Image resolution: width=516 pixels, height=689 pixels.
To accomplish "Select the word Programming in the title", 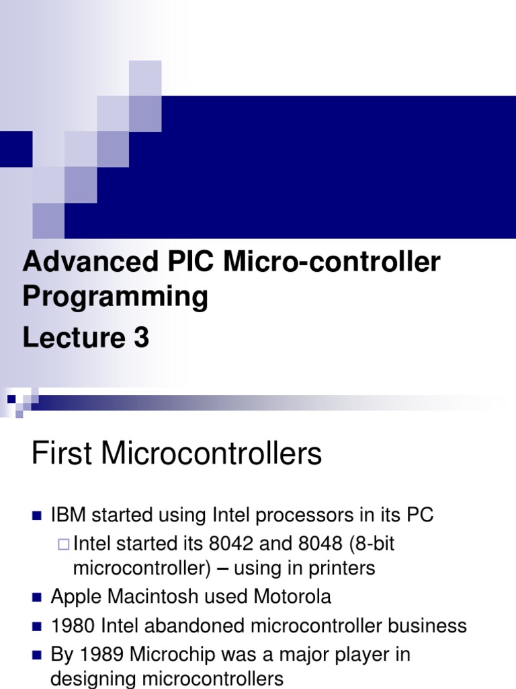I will [115, 297].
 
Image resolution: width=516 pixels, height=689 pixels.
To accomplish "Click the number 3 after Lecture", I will [140, 338].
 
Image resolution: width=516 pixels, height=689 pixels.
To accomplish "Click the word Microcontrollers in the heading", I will [212, 455].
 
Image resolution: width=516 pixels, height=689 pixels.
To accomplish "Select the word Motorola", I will [292, 597].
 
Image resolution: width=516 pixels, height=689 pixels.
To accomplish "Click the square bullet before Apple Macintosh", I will [37, 597].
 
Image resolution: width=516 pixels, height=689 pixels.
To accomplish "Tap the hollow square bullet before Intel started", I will [64, 544].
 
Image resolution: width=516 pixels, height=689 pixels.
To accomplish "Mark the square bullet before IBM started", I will [37, 516].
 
